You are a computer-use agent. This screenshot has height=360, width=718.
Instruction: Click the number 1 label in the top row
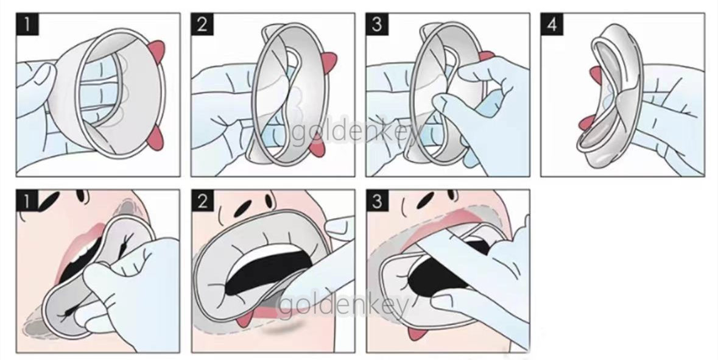click(27, 24)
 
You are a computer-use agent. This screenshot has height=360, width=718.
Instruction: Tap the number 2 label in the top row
click(202, 24)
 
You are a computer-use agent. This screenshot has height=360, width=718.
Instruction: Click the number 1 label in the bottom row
click(27, 200)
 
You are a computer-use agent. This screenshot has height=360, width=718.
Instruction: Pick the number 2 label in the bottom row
click(202, 200)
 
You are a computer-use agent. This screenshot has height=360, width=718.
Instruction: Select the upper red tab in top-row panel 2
click(329, 60)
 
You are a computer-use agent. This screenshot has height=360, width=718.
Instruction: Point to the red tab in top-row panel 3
click(487, 56)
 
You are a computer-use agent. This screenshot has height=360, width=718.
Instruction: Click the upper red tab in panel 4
click(594, 73)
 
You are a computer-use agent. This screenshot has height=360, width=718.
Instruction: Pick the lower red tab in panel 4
click(584, 123)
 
